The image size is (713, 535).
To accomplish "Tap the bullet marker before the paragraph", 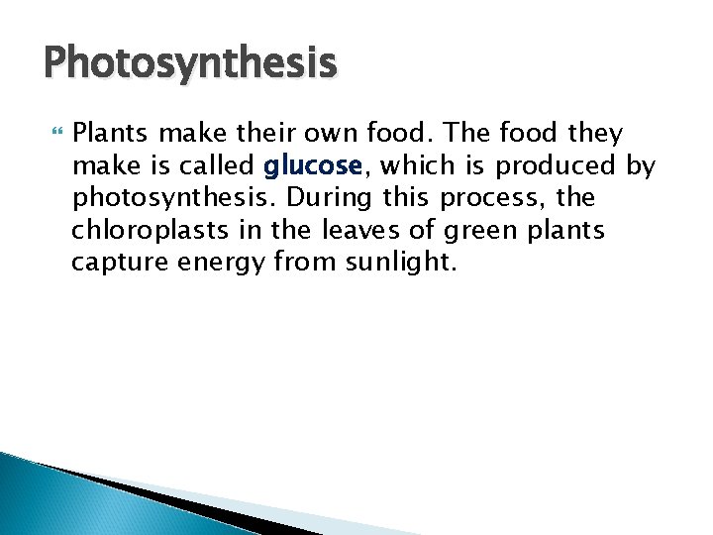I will pyautogui.click(x=53, y=133).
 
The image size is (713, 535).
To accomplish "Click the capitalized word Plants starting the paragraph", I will pyautogui.click(x=109, y=133).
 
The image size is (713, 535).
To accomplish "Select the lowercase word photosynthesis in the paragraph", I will pyautogui.click(x=168, y=198).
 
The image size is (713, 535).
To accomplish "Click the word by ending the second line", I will pyautogui.click(x=641, y=165).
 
